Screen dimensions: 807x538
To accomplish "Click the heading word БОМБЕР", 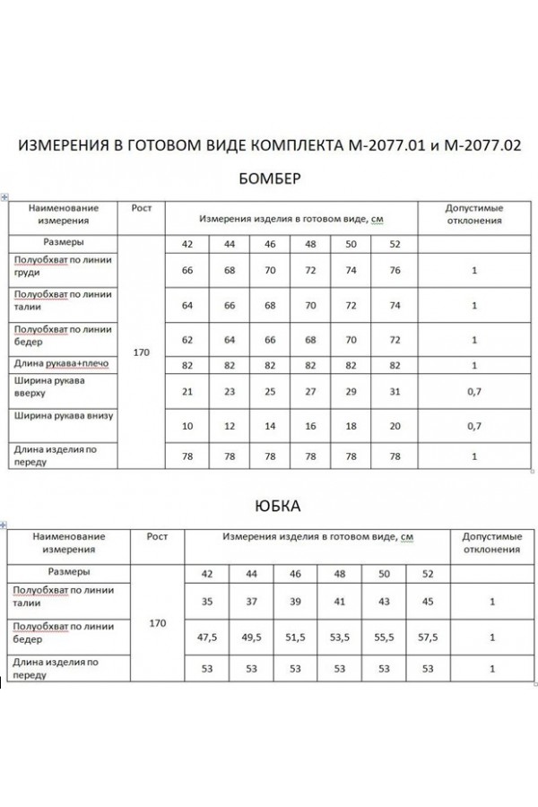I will point(270,178).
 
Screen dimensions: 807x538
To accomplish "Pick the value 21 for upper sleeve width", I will point(187,391).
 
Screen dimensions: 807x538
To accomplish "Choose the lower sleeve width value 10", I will point(187,424).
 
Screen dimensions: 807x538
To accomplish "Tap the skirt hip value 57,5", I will point(430,638).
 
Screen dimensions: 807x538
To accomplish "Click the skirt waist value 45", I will point(430,603).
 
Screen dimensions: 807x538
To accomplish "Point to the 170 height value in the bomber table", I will point(141,352).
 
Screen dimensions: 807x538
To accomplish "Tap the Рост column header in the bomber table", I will point(141,207).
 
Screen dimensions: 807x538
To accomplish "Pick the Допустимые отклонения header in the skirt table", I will point(491,542).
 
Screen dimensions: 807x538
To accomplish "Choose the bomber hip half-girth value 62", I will point(187,340).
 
